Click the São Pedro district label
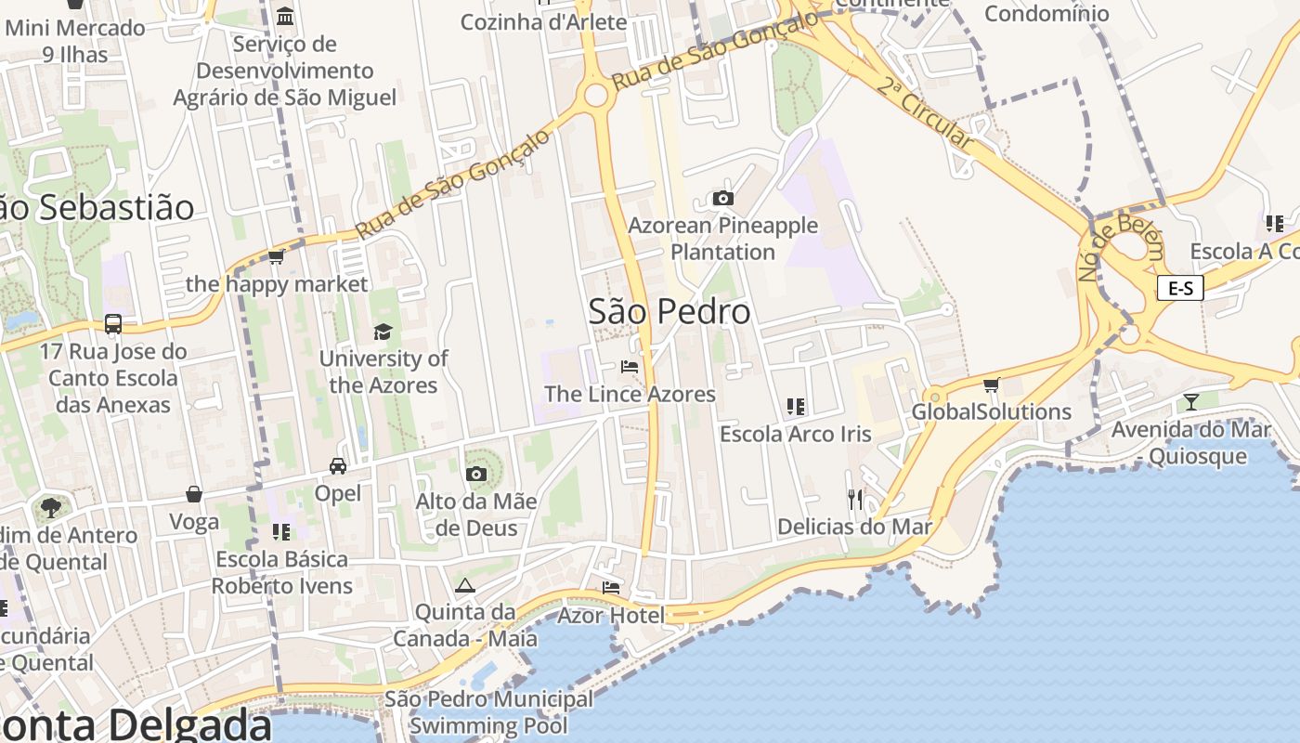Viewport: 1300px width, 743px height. (669, 312)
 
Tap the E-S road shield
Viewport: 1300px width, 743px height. (1180, 288)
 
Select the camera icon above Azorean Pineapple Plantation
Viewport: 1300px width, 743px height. (722, 198)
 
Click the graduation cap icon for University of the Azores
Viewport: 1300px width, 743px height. (383, 332)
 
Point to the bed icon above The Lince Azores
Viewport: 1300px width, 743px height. (630, 367)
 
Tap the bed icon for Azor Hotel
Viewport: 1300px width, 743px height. (610, 588)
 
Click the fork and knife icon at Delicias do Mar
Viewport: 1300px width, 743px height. (855, 500)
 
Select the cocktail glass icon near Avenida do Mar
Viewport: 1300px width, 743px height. (1190, 402)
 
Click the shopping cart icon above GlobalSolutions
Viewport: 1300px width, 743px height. (991, 385)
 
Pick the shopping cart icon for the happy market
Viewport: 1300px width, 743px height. (276, 256)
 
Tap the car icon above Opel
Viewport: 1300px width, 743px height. (337, 466)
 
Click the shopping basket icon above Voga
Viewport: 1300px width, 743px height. (194, 494)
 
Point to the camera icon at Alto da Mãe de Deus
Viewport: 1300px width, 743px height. (475, 475)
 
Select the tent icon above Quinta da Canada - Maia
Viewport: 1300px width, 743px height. (464, 585)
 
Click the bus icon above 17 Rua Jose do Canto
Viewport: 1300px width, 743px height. (113, 324)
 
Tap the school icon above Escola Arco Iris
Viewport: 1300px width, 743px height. (796, 406)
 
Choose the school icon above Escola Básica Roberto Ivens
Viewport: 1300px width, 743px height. (281, 531)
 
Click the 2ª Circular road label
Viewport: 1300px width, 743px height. (925, 115)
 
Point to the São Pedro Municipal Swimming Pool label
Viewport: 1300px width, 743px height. (488, 711)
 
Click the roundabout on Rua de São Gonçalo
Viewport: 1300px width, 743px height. (595, 95)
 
